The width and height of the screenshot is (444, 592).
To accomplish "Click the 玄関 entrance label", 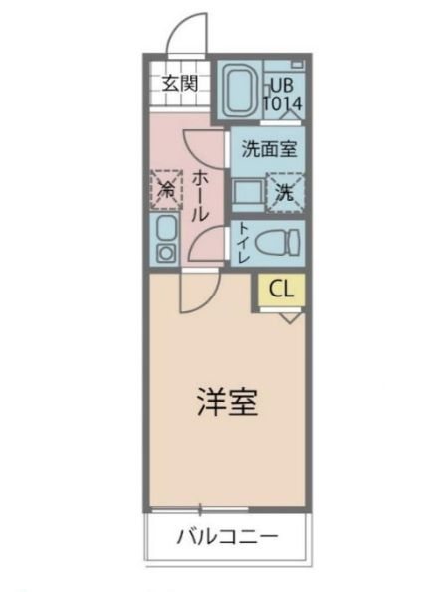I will [x=179, y=82].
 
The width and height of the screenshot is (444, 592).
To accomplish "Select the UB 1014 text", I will [x=283, y=93].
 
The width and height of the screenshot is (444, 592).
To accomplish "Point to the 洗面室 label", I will [x=269, y=151].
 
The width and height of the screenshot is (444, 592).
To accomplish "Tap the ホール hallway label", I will [x=200, y=195].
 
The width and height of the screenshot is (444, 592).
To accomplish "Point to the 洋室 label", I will [x=226, y=404].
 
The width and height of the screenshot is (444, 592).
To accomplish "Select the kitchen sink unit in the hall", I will [x=165, y=239].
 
